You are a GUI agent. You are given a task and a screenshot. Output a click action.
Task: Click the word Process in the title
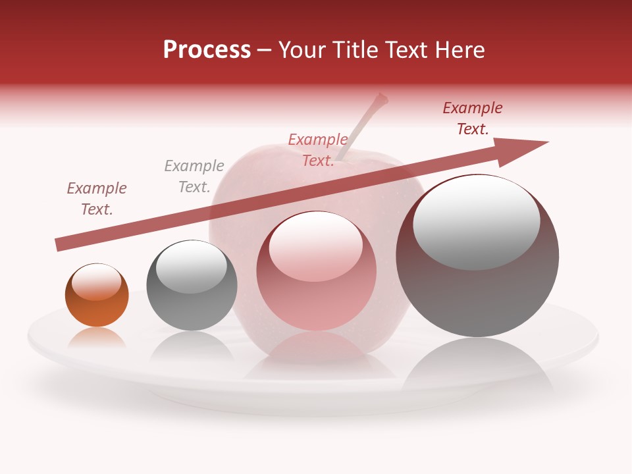click(x=207, y=50)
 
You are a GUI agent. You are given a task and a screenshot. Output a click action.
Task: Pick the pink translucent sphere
click(x=316, y=271)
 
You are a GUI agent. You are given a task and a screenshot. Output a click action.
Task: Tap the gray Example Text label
click(x=194, y=176)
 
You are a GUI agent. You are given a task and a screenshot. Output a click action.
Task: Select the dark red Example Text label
click(x=473, y=118)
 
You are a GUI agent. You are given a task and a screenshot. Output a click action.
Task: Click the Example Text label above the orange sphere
click(x=97, y=199)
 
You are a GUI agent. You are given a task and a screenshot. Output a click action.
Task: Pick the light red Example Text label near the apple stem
click(x=318, y=150)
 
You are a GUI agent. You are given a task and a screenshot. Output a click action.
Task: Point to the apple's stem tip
click(x=380, y=99)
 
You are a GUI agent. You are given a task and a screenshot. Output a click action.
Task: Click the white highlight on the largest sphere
click(x=476, y=223)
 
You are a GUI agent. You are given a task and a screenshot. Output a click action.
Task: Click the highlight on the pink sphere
click(x=316, y=247)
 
